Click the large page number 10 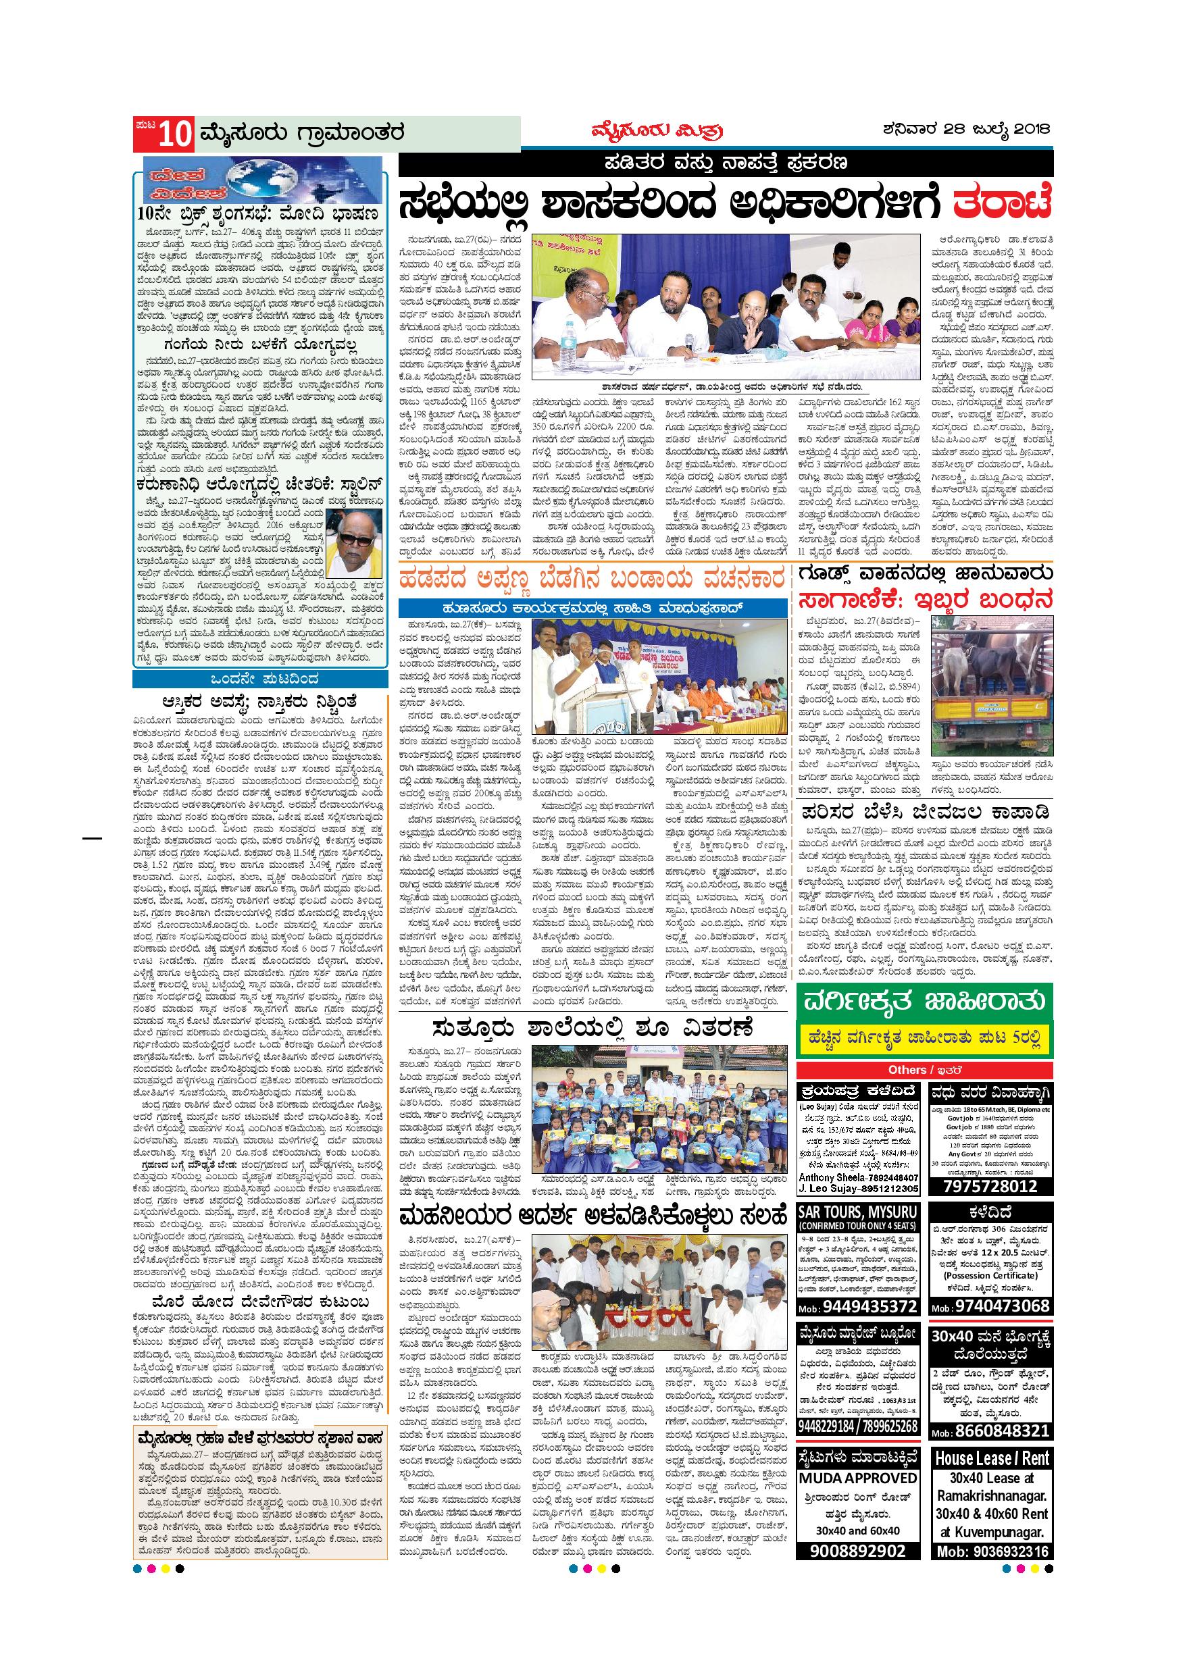[x=174, y=134]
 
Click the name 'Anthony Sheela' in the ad [x=830, y=1177]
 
